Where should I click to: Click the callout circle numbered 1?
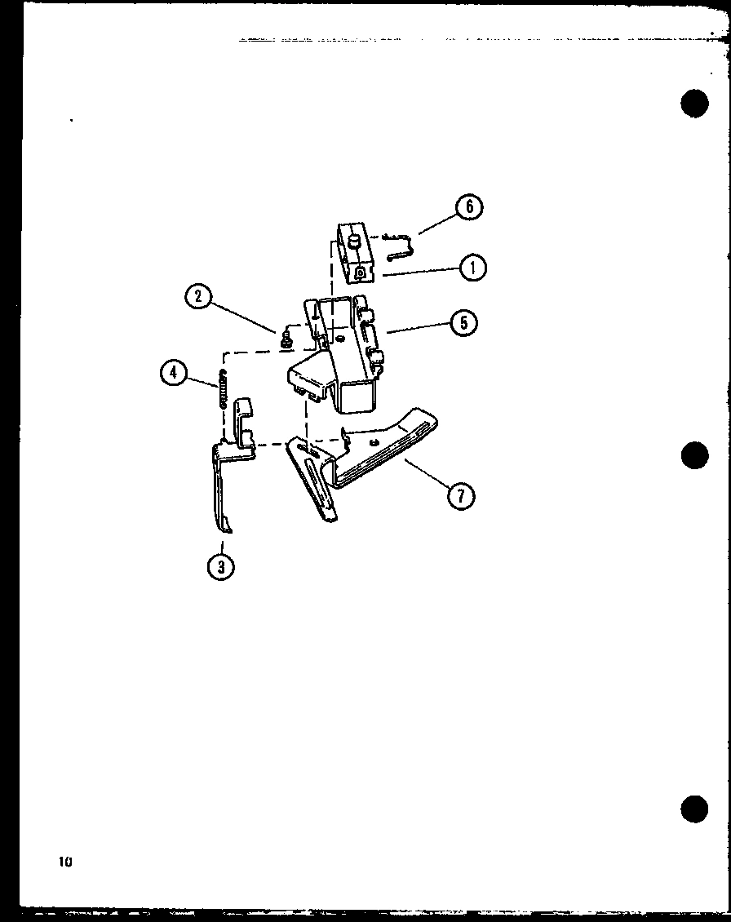click(472, 267)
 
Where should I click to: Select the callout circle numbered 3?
click(221, 565)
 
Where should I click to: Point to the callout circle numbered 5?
click(463, 321)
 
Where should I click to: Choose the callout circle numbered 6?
click(468, 206)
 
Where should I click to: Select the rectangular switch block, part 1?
click(354, 255)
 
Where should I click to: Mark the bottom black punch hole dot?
click(694, 808)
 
